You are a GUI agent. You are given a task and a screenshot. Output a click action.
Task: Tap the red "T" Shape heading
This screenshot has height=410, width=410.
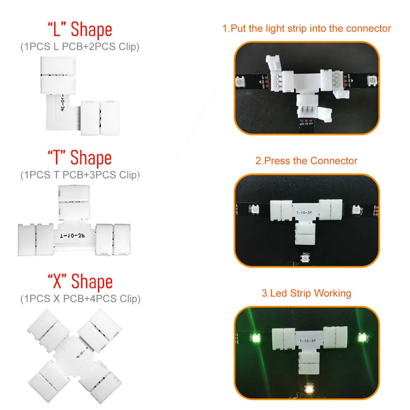(x=80, y=157)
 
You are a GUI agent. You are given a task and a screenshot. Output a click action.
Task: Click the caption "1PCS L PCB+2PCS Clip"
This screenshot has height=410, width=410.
(x=80, y=47)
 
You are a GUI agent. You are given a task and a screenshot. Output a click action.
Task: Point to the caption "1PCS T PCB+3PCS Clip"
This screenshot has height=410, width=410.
(x=80, y=175)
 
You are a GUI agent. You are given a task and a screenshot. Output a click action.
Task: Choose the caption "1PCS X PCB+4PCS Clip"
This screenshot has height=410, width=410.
(x=80, y=299)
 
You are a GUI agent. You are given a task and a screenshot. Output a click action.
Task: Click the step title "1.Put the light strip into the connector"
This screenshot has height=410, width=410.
(x=307, y=29)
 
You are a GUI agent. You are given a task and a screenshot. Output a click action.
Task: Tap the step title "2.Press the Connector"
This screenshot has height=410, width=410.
(x=306, y=161)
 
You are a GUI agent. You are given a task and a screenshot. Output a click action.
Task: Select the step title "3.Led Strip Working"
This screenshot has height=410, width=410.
(x=306, y=293)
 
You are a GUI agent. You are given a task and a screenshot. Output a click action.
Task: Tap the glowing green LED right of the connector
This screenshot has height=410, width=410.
(x=362, y=338)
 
